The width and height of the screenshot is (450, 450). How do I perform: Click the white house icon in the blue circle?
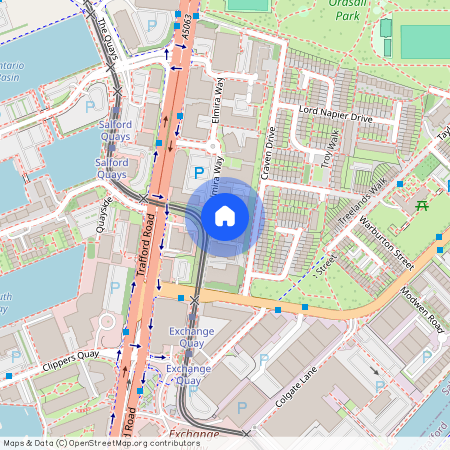tap(225, 215)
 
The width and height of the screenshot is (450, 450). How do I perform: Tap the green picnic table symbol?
tap(421, 205)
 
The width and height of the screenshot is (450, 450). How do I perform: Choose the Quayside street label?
tap(104, 211)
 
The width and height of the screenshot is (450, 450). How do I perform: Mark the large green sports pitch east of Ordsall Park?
tap(424, 42)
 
